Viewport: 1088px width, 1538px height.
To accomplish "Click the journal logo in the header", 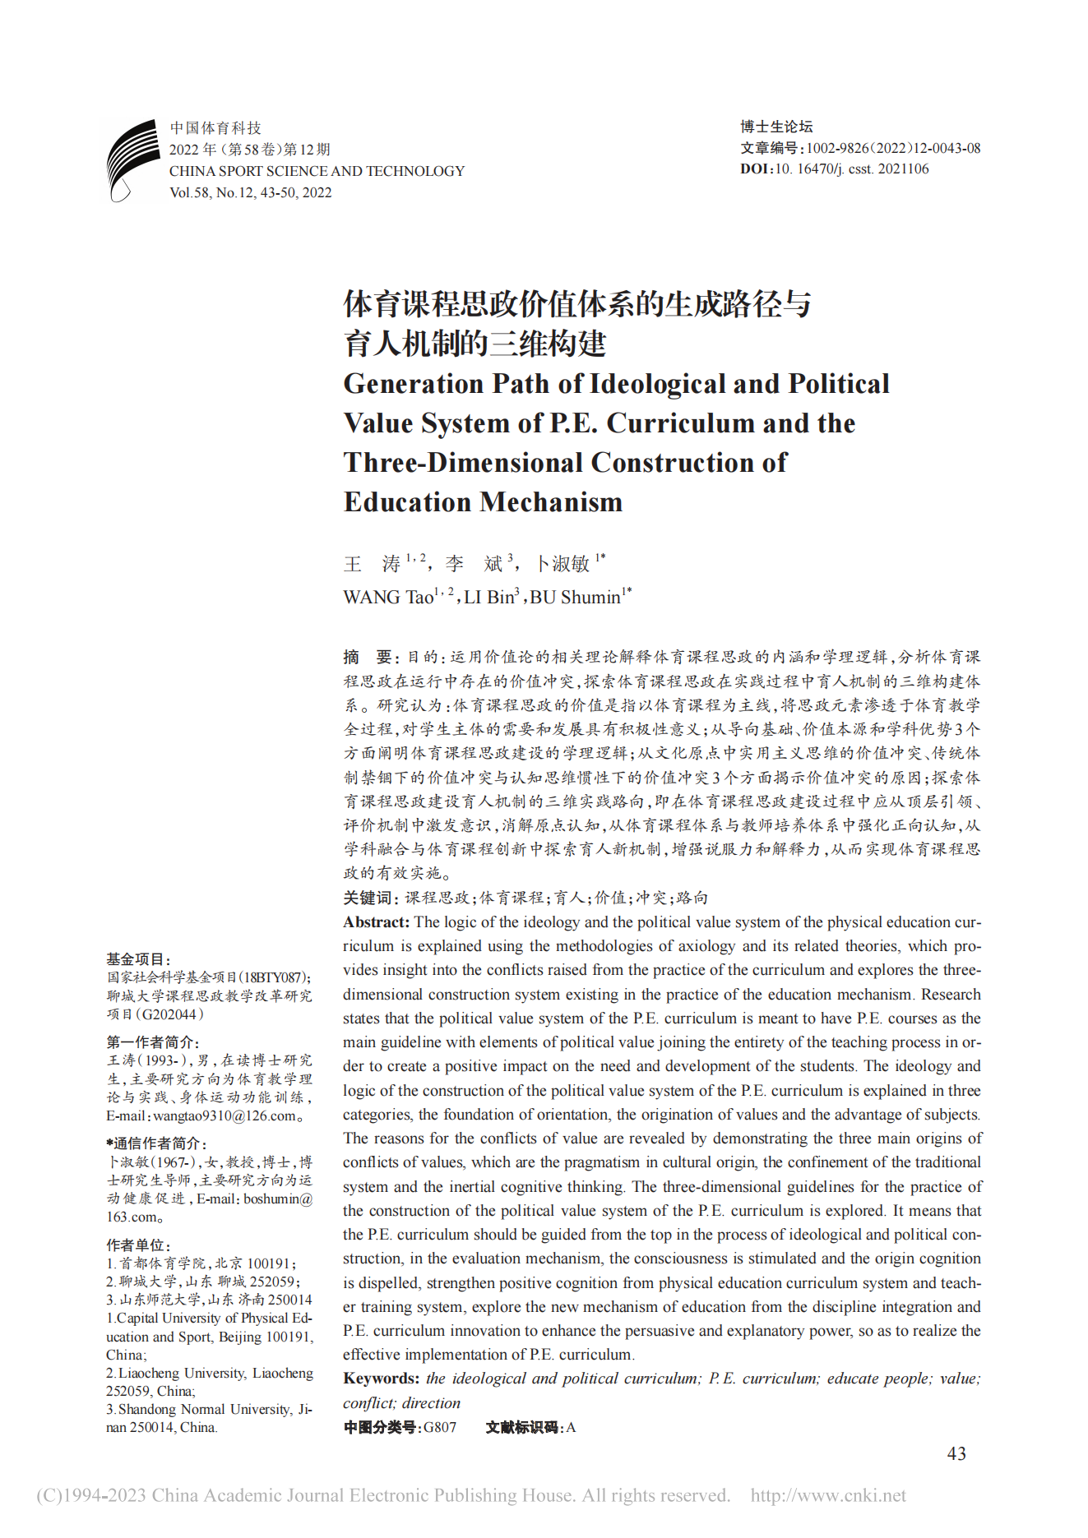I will [132, 159].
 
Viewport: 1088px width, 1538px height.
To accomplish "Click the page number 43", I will [956, 1453].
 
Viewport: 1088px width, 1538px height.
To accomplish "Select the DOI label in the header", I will [756, 169].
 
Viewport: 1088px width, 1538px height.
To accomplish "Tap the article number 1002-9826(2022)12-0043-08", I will [893, 148].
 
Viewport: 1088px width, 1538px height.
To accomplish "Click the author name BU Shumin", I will [575, 598].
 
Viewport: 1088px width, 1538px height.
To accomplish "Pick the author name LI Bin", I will [488, 598].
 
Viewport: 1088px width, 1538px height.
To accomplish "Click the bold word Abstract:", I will [376, 922].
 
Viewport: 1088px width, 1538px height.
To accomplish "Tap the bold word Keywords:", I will [381, 1379].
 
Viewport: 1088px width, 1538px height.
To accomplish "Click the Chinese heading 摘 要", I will [369, 657].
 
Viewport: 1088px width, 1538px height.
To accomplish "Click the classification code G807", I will [439, 1427].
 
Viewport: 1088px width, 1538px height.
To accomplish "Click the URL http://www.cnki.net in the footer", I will [828, 1495].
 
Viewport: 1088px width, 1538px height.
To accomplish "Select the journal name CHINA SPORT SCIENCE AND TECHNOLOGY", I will [317, 171].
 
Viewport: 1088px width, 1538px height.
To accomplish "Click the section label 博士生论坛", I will [776, 127].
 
